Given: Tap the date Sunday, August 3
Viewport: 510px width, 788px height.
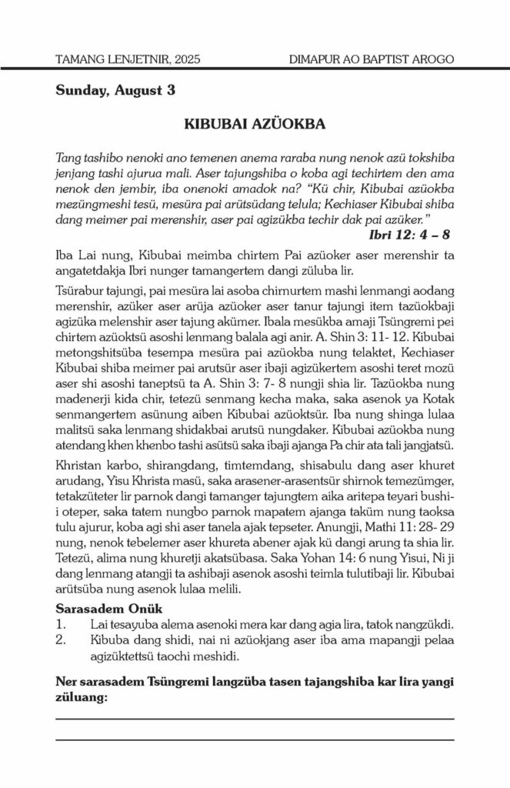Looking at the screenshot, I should [115, 91].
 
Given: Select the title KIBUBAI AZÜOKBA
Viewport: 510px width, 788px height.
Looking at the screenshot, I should [255, 123].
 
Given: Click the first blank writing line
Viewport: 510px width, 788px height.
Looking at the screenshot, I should [255, 718].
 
